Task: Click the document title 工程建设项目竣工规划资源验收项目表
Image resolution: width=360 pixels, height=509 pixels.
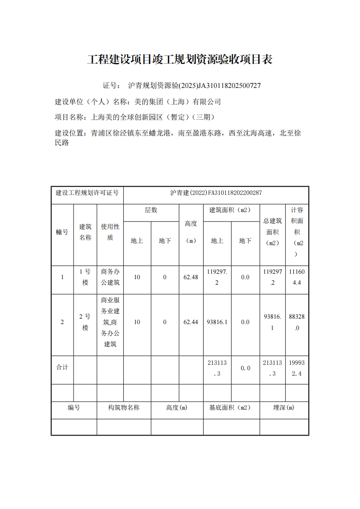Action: pos(180,59)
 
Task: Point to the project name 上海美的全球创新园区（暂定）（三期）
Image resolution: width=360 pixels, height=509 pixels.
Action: pos(153,117)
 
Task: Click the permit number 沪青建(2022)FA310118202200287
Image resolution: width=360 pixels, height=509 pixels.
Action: pos(216,193)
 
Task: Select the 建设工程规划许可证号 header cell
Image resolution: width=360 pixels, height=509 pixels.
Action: pos(87,193)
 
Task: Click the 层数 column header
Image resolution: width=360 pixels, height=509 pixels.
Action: pos(151,210)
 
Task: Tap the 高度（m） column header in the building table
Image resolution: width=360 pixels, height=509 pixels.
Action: pos(191,232)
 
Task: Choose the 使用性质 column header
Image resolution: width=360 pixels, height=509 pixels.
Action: pos(110,232)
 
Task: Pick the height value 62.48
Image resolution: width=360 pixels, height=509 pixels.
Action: pos(191,277)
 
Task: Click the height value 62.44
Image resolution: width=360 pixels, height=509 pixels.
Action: pos(191,322)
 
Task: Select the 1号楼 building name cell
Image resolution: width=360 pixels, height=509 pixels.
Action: pos(85,277)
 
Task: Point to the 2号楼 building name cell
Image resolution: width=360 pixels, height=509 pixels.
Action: pos(85,322)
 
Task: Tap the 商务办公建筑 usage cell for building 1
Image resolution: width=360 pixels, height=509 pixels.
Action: pos(110,277)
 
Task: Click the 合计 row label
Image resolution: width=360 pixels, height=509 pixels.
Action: pos(62,367)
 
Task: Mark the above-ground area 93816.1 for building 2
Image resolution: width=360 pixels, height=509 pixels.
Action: pos(217,322)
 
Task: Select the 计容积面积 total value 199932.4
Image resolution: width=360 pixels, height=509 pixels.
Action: pos(297,368)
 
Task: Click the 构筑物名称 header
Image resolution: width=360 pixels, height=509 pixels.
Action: pos(124,407)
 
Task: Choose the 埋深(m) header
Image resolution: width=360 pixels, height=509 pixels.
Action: pos(284,407)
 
